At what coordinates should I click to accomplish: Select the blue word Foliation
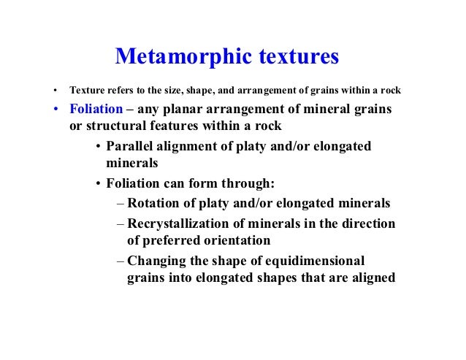96,110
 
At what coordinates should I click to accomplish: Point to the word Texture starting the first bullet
85,92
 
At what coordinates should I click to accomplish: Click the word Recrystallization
182,223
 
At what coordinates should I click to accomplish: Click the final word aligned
372,277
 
